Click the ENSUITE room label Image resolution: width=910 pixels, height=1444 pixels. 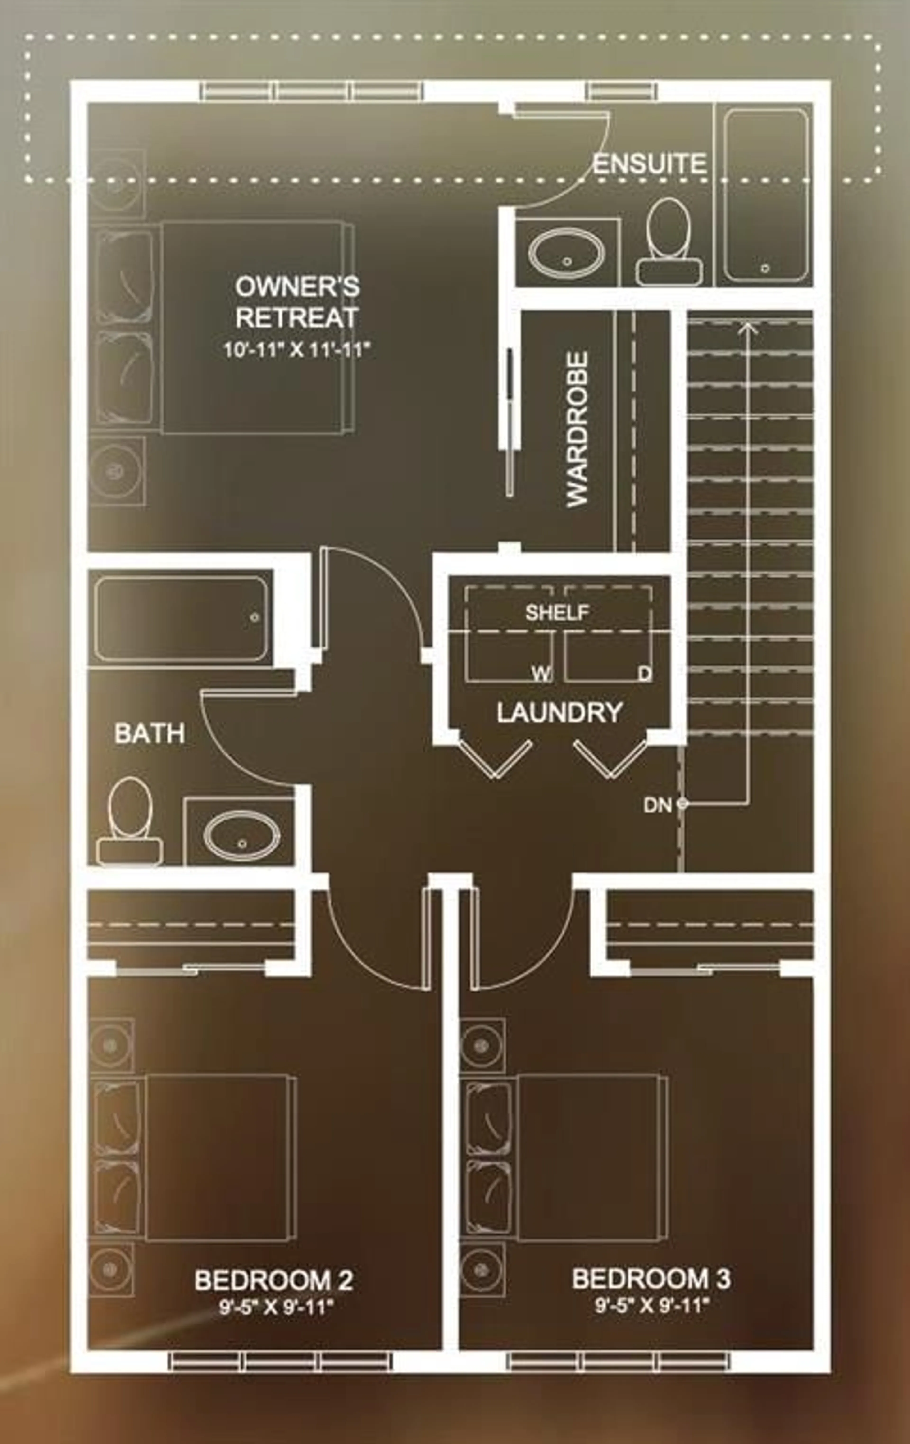tap(649, 164)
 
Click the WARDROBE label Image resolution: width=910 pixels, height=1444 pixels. tap(577, 429)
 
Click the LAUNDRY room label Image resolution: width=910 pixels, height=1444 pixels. tap(559, 712)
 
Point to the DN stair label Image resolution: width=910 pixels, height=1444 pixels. tap(658, 805)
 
